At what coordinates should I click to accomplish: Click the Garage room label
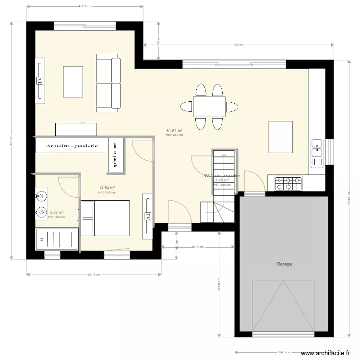284,264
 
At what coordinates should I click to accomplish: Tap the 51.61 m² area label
174,131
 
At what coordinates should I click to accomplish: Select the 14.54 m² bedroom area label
107,188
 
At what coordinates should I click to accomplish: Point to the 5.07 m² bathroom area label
57,212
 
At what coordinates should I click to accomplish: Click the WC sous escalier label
222,176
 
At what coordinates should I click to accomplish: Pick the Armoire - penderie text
72,145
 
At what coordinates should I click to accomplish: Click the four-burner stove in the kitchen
288,183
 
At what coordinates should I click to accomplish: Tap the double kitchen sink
317,147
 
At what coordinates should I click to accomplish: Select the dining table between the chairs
209,106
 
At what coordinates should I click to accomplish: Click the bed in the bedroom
106,218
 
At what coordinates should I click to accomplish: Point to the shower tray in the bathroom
57,239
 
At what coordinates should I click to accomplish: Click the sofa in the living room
108,83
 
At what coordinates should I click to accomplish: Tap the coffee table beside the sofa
73,82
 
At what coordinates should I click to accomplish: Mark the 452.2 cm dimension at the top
85,6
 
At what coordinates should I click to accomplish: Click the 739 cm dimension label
239,45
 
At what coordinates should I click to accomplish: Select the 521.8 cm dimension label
94,275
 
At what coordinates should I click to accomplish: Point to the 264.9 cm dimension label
198,247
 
